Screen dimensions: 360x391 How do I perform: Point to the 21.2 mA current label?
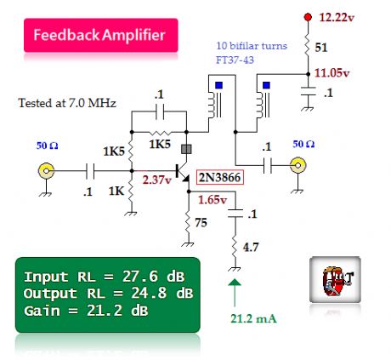[x=252, y=319]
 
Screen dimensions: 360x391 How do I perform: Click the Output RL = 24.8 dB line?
[x=105, y=294]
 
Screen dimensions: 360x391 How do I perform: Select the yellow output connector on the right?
[x=298, y=166]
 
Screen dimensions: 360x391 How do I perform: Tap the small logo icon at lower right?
[x=330, y=277]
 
